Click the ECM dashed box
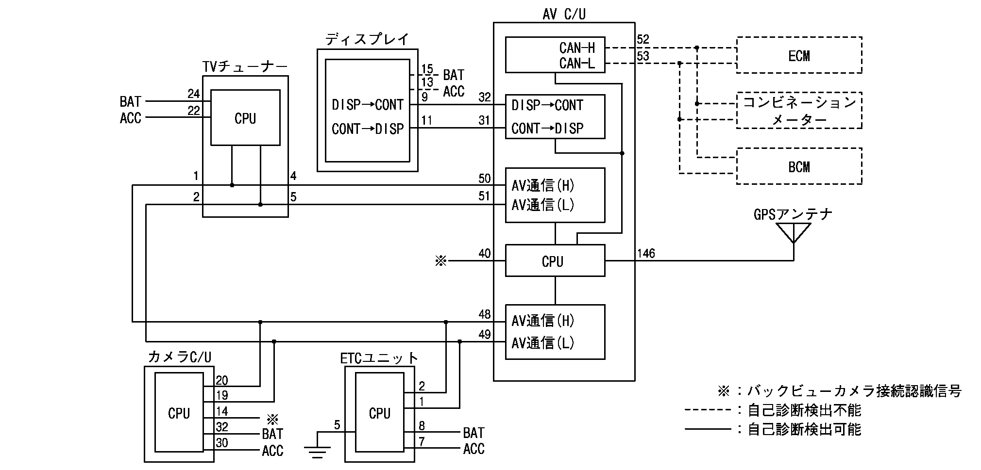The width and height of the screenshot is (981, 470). [x=799, y=55]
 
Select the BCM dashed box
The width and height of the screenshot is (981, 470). [x=799, y=166]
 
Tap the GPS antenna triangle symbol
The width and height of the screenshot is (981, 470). [x=793, y=232]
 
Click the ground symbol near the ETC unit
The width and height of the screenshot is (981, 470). [x=317, y=452]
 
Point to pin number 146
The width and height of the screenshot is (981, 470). [x=646, y=254]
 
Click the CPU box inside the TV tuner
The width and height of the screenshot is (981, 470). [x=245, y=118]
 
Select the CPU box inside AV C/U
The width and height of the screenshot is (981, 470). [x=555, y=261]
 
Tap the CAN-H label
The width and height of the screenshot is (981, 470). [x=576, y=48]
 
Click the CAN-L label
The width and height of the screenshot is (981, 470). [x=576, y=63]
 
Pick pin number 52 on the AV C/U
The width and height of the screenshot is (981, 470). [x=643, y=40]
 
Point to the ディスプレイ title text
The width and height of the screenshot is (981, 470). [x=367, y=39]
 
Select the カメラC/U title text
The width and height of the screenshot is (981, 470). [x=179, y=357]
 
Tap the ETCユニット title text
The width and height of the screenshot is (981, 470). [x=379, y=358]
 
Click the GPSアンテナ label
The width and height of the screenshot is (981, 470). [x=793, y=214]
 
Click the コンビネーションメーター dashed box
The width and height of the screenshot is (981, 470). [x=799, y=111]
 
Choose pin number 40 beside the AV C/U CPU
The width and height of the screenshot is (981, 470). [x=484, y=254]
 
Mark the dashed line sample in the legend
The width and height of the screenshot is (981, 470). [x=708, y=410]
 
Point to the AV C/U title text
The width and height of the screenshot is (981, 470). [x=564, y=14]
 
